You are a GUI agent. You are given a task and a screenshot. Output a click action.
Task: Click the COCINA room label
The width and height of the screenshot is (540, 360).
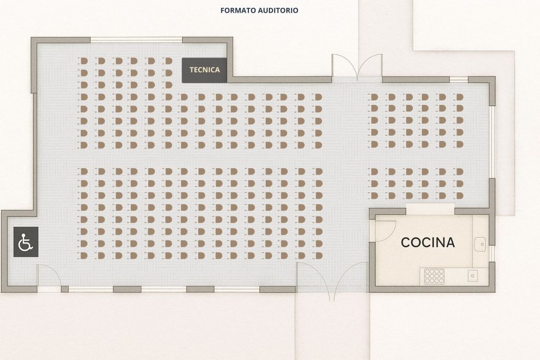pos(428,242)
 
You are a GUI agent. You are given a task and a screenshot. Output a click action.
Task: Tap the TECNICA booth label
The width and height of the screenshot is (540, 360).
pos(205,70)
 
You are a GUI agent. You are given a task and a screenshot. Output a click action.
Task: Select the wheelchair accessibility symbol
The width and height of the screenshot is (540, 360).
pos(26,242)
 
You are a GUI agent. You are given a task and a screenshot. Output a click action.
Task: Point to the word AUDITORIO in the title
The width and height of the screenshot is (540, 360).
pos(276,11)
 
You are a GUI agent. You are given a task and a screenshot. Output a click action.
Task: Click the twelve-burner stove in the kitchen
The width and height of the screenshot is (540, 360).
pos(435,276)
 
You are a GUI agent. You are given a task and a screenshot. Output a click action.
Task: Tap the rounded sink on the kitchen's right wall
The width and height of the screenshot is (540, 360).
pos(480,245)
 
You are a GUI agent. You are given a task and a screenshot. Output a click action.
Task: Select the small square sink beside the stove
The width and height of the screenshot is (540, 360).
pos(472,275)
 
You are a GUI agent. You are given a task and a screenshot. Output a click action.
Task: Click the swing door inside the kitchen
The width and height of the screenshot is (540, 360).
pos(385,230)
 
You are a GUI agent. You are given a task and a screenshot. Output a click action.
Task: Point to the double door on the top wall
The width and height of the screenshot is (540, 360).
pos(357,67)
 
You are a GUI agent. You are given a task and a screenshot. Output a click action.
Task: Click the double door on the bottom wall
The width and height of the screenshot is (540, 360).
pos(332,279)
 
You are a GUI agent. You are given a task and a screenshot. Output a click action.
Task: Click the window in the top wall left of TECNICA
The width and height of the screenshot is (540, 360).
pos(136,40)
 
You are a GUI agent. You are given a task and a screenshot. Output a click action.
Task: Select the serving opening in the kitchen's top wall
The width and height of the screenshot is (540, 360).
pos(430,209)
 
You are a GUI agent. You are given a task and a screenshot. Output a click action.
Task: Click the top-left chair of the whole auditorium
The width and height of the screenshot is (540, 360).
pos(83,61)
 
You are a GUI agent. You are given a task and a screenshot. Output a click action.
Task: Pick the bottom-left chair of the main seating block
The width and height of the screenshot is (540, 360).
pos(83,255)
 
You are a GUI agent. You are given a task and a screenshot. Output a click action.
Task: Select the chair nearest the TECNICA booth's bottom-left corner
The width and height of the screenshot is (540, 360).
pos(168,85)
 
